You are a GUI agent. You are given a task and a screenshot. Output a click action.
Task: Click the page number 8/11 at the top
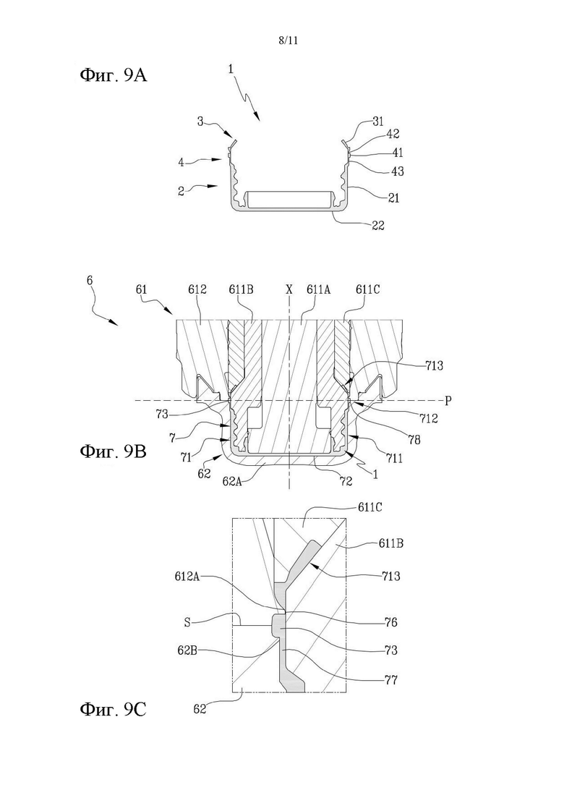point(289,41)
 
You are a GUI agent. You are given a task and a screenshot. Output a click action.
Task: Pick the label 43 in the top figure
point(397,171)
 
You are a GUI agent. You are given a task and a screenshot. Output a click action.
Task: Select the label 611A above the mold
point(318,289)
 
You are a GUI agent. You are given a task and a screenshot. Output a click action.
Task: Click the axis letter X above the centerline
point(289,289)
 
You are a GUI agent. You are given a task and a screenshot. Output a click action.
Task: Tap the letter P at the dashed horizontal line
point(448,401)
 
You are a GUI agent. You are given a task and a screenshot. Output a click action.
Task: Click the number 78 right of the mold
point(414,439)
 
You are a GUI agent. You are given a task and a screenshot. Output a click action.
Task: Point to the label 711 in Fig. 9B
point(393,458)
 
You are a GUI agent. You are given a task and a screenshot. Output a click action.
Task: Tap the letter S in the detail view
point(188,622)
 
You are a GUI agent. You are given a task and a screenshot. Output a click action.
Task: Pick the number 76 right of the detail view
point(390,622)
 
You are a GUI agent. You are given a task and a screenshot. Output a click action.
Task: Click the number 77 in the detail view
point(390,679)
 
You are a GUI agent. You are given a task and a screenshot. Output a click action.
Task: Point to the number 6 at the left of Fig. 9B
point(90,281)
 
